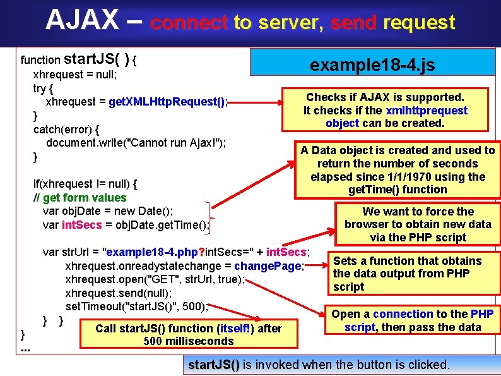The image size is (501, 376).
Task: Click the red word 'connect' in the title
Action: pyautogui.click(x=189, y=23)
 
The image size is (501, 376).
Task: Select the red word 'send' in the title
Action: pyautogui.click(x=353, y=23)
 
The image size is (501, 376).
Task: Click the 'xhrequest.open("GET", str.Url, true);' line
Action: pyautogui.click(x=155, y=279)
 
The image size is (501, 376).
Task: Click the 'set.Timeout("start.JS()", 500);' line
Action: pyautogui.click(x=136, y=306)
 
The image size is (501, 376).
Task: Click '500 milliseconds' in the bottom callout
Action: pyautogui.click(x=189, y=341)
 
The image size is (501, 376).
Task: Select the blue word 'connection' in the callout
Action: pyautogui.click(x=403, y=314)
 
